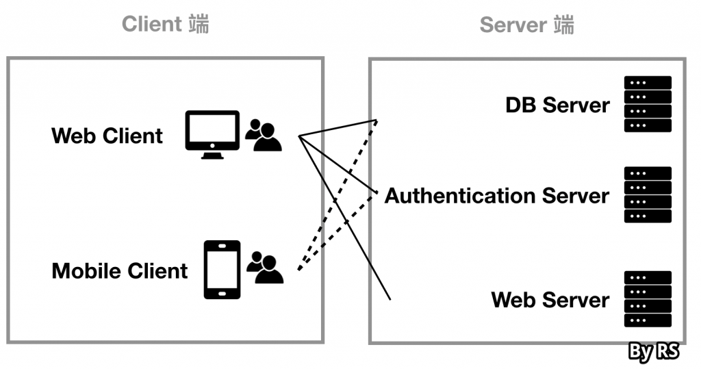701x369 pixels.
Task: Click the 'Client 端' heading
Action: tap(165, 24)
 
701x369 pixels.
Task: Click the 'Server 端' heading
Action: tap(526, 25)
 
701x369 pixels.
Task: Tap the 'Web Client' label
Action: tap(107, 136)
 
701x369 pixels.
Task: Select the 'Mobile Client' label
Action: tap(119, 271)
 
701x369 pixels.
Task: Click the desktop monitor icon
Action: tap(212, 131)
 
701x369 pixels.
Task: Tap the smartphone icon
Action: tap(222, 269)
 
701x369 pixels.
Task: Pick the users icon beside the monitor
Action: tap(264, 136)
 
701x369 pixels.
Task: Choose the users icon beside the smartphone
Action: tap(265, 268)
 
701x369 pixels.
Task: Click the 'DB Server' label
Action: tap(557, 105)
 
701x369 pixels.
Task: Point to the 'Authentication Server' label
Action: tap(496, 196)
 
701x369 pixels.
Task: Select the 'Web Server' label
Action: tap(550, 300)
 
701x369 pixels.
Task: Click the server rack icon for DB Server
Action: tap(648, 104)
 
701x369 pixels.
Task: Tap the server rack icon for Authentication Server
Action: tap(648, 195)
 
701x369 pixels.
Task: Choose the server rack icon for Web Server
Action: tap(648, 299)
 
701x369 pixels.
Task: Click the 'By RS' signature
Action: tap(653, 352)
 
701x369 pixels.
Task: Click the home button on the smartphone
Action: tap(222, 293)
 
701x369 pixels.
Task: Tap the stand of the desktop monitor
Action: tap(212, 155)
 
